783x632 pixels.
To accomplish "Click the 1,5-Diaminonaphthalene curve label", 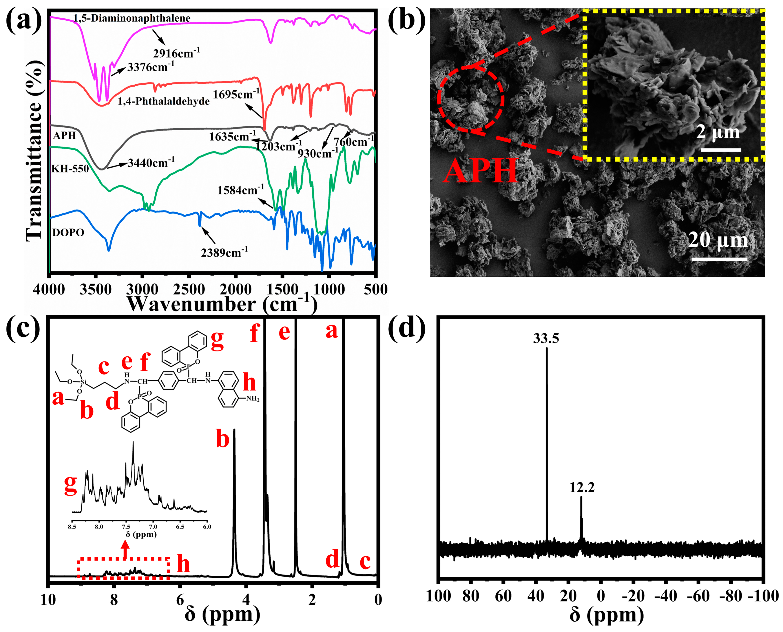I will tap(132, 18).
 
